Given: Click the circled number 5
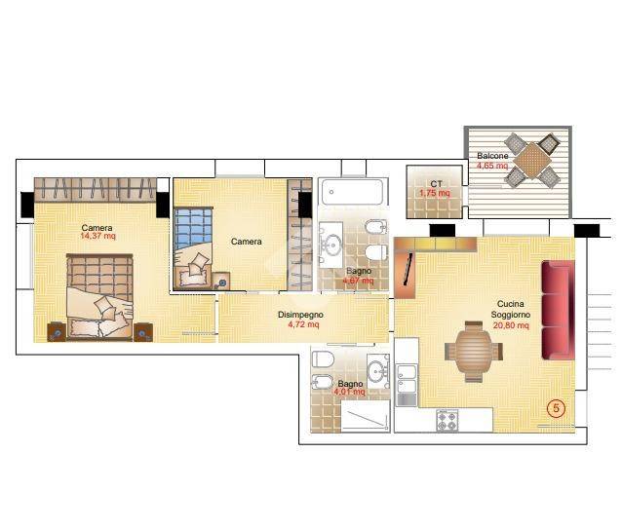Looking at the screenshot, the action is [x=556, y=407].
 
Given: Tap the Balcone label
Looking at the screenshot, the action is [x=492, y=156].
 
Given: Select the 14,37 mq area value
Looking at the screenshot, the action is [x=97, y=237].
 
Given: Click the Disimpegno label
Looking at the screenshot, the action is [x=300, y=315].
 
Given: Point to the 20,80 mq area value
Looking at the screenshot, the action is [x=511, y=325].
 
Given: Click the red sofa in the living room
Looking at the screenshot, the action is [x=558, y=311].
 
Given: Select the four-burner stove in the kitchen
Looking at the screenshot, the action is [x=447, y=421].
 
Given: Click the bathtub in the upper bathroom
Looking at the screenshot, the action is [x=352, y=192].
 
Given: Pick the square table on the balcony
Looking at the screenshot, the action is [x=532, y=161].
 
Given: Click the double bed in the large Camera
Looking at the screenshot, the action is [x=100, y=297].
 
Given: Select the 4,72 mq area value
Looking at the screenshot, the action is [x=303, y=324].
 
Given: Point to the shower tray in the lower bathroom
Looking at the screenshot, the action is [x=366, y=414].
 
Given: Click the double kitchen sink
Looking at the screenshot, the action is [x=407, y=379].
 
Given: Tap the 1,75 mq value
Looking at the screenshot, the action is [x=435, y=193].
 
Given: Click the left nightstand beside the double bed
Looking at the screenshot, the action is [x=57, y=332].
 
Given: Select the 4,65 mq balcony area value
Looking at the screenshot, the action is [x=492, y=166].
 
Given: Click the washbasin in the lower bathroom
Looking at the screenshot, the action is [x=378, y=371].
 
